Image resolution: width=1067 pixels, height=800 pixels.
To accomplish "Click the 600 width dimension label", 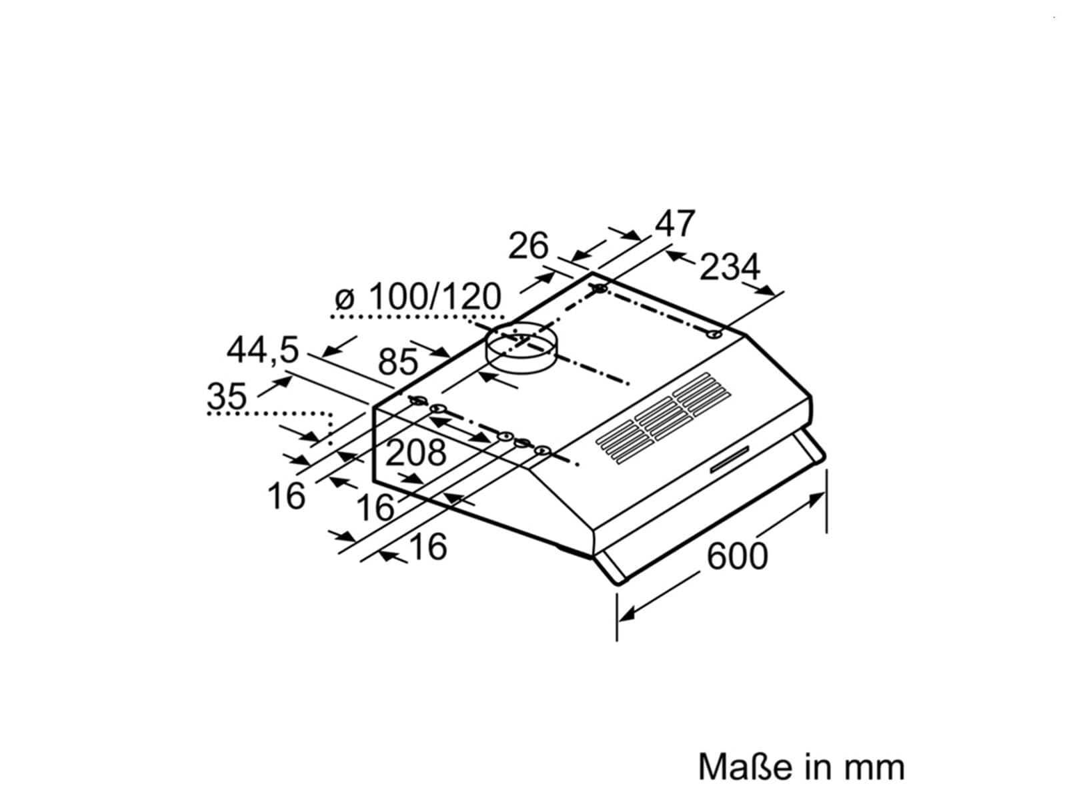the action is [737, 557].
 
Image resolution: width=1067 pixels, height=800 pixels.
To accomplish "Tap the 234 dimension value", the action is [729, 267].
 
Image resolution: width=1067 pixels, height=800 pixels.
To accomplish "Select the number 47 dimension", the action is [675, 223].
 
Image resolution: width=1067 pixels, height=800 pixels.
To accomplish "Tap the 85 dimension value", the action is [397, 361].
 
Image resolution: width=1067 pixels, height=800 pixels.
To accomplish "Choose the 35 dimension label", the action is [227, 396].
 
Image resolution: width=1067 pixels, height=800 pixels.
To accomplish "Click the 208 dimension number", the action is [415, 453].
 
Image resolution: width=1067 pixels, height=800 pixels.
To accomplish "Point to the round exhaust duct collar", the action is [523, 348].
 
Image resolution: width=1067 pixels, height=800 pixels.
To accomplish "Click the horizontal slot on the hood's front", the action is [731, 459].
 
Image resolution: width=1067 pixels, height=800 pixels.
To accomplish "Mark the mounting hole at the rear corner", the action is [600, 289].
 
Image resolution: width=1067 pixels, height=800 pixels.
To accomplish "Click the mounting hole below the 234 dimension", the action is [714, 334].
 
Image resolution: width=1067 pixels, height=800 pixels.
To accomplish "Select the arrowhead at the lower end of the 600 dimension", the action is [626, 614].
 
